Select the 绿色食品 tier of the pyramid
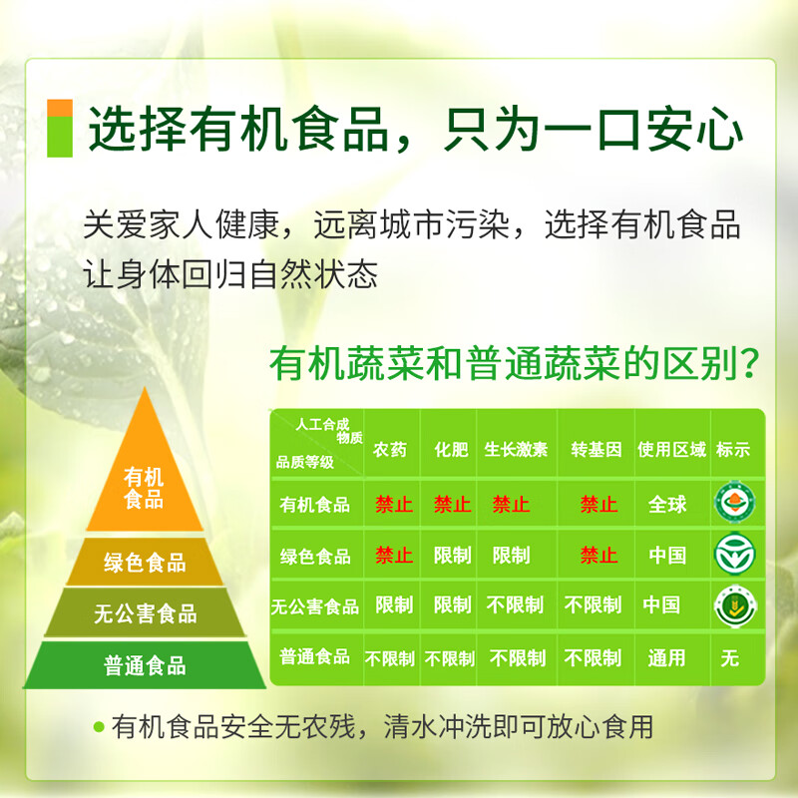pyautogui.click(x=145, y=563)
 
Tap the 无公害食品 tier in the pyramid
pyautogui.click(x=145, y=613)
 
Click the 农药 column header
pyautogui.click(x=390, y=450)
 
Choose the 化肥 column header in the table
pyautogui.click(x=451, y=450)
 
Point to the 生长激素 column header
pyautogui.click(x=516, y=450)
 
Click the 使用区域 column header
pyautogui.click(x=671, y=450)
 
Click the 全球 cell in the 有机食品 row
pyautogui.click(x=667, y=504)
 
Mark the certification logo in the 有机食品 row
pyautogui.click(x=734, y=502)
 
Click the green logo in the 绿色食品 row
pyautogui.click(x=734, y=554)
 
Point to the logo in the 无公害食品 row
pyautogui.click(x=734, y=605)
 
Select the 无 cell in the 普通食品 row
pyautogui.click(x=730, y=657)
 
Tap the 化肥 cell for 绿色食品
pyautogui.click(x=452, y=556)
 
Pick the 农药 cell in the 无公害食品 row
pyautogui.click(x=393, y=605)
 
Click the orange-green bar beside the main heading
pyautogui.click(x=60, y=128)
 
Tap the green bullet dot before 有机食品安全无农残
pyautogui.click(x=98, y=726)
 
